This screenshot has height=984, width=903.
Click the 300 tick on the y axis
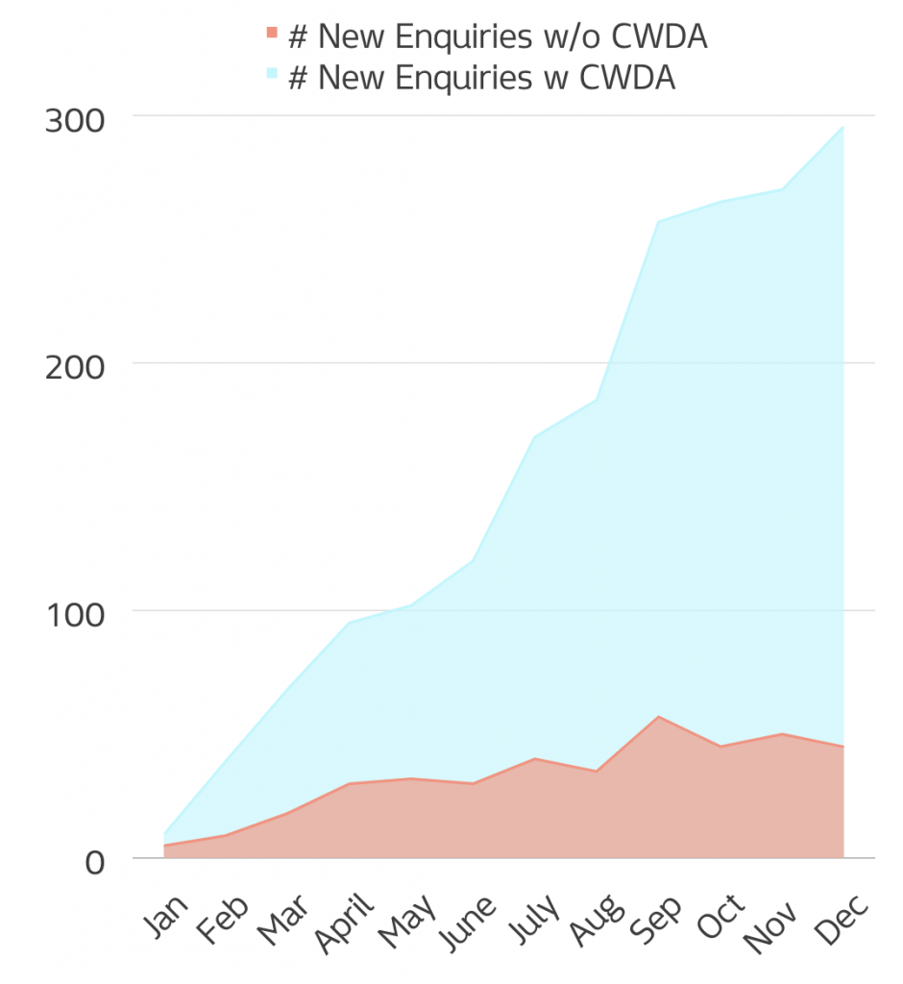[x=75, y=121]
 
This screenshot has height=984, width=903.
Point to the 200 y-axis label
[x=75, y=368]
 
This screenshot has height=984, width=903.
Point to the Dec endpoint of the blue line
[x=842, y=127]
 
